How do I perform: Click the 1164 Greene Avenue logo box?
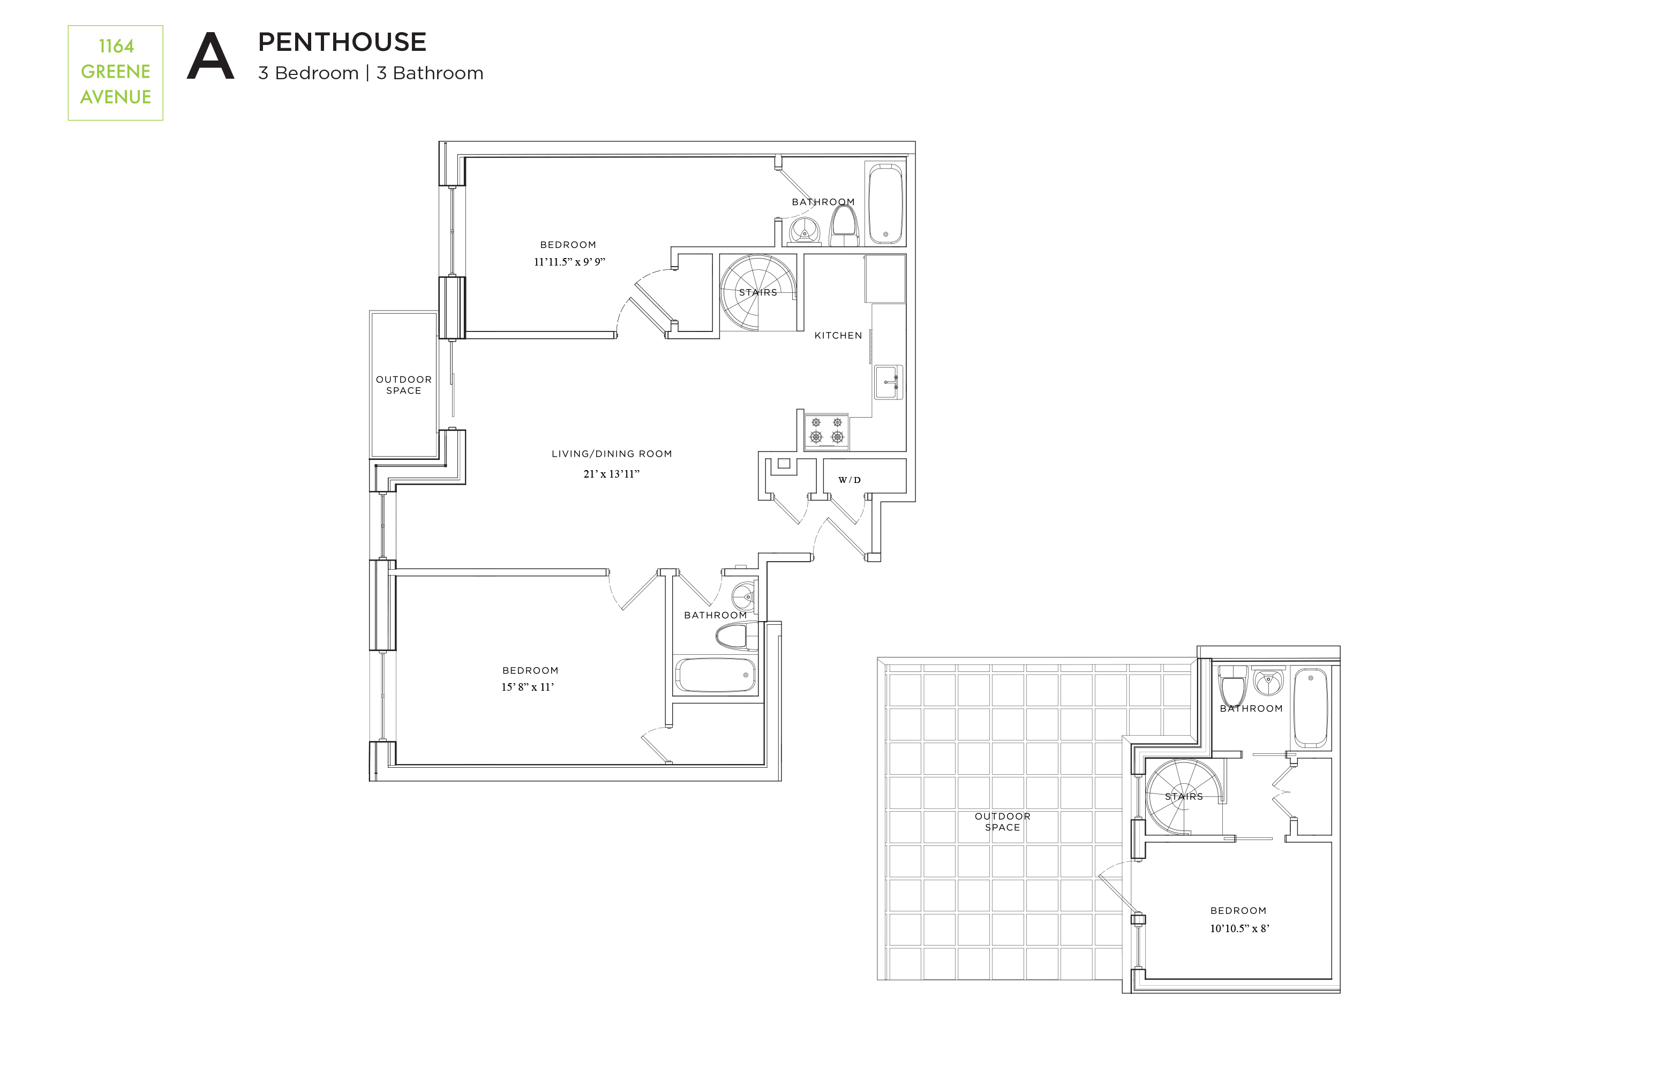click(x=115, y=73)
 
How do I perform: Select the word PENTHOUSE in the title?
click(x=342, y=42)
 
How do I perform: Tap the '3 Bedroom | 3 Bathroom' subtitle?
click(x=370, y=73)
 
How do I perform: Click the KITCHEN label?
click(x=837, y=335)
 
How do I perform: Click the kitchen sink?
click(x=888, y=382)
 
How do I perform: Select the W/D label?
click(x=849, y=480)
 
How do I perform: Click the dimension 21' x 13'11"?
click(x=611, y=474)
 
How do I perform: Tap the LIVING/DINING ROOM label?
click(x=611, y=453)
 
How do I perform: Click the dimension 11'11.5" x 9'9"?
click(x=569, y=262)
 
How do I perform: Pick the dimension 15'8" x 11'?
click(x=528, y=687)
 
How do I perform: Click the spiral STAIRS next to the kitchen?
click(x=757, y=292)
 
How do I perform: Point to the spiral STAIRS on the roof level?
click(x=1183, y=797)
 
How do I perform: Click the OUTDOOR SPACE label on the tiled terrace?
click(x=1002, y=821)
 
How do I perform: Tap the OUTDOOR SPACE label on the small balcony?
click(x=403, y=385)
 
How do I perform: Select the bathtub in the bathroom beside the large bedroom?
click(x=715, y=675)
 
